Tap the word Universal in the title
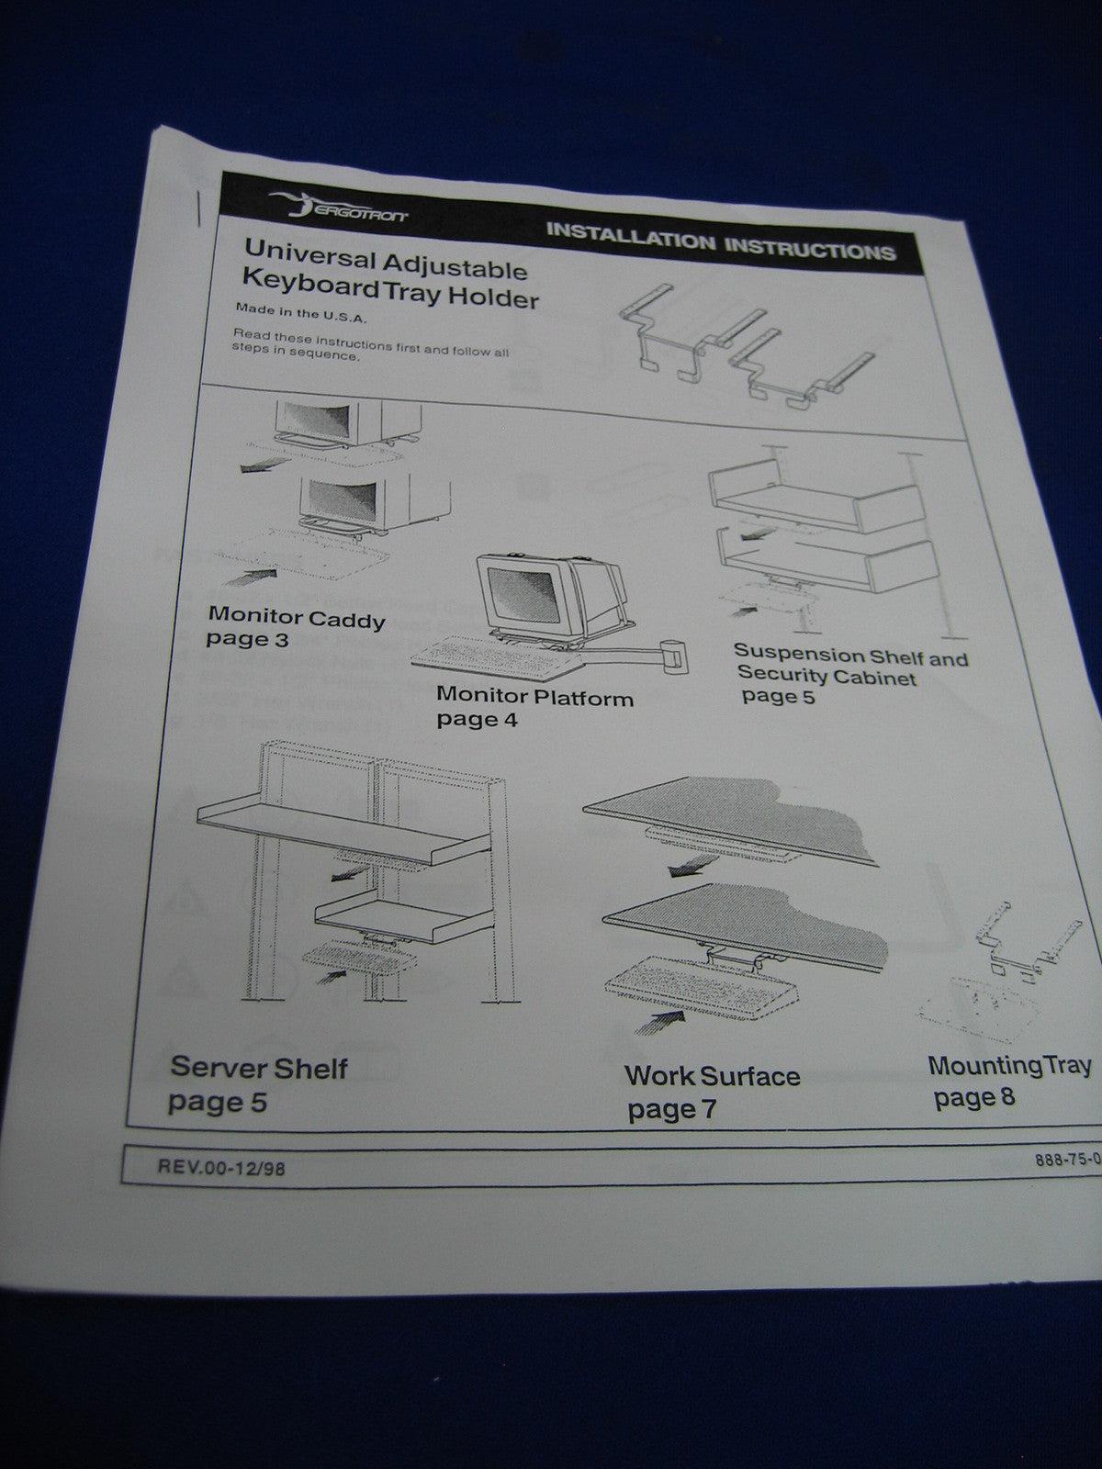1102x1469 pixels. pos(308,252)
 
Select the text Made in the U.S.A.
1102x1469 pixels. pos(299,314)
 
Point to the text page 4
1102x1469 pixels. pos(477,719)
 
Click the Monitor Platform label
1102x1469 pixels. pos(534,696)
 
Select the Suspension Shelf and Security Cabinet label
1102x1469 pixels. pos(849,667)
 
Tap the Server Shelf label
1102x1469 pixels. pos(259,1068)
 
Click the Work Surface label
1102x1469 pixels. pos(712,1075)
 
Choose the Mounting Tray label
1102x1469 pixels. pos(1008,1066)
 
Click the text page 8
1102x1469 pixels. pos(973,1097)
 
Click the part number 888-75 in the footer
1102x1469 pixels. pos(1065,1160)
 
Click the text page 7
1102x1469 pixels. pos(670,1110)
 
